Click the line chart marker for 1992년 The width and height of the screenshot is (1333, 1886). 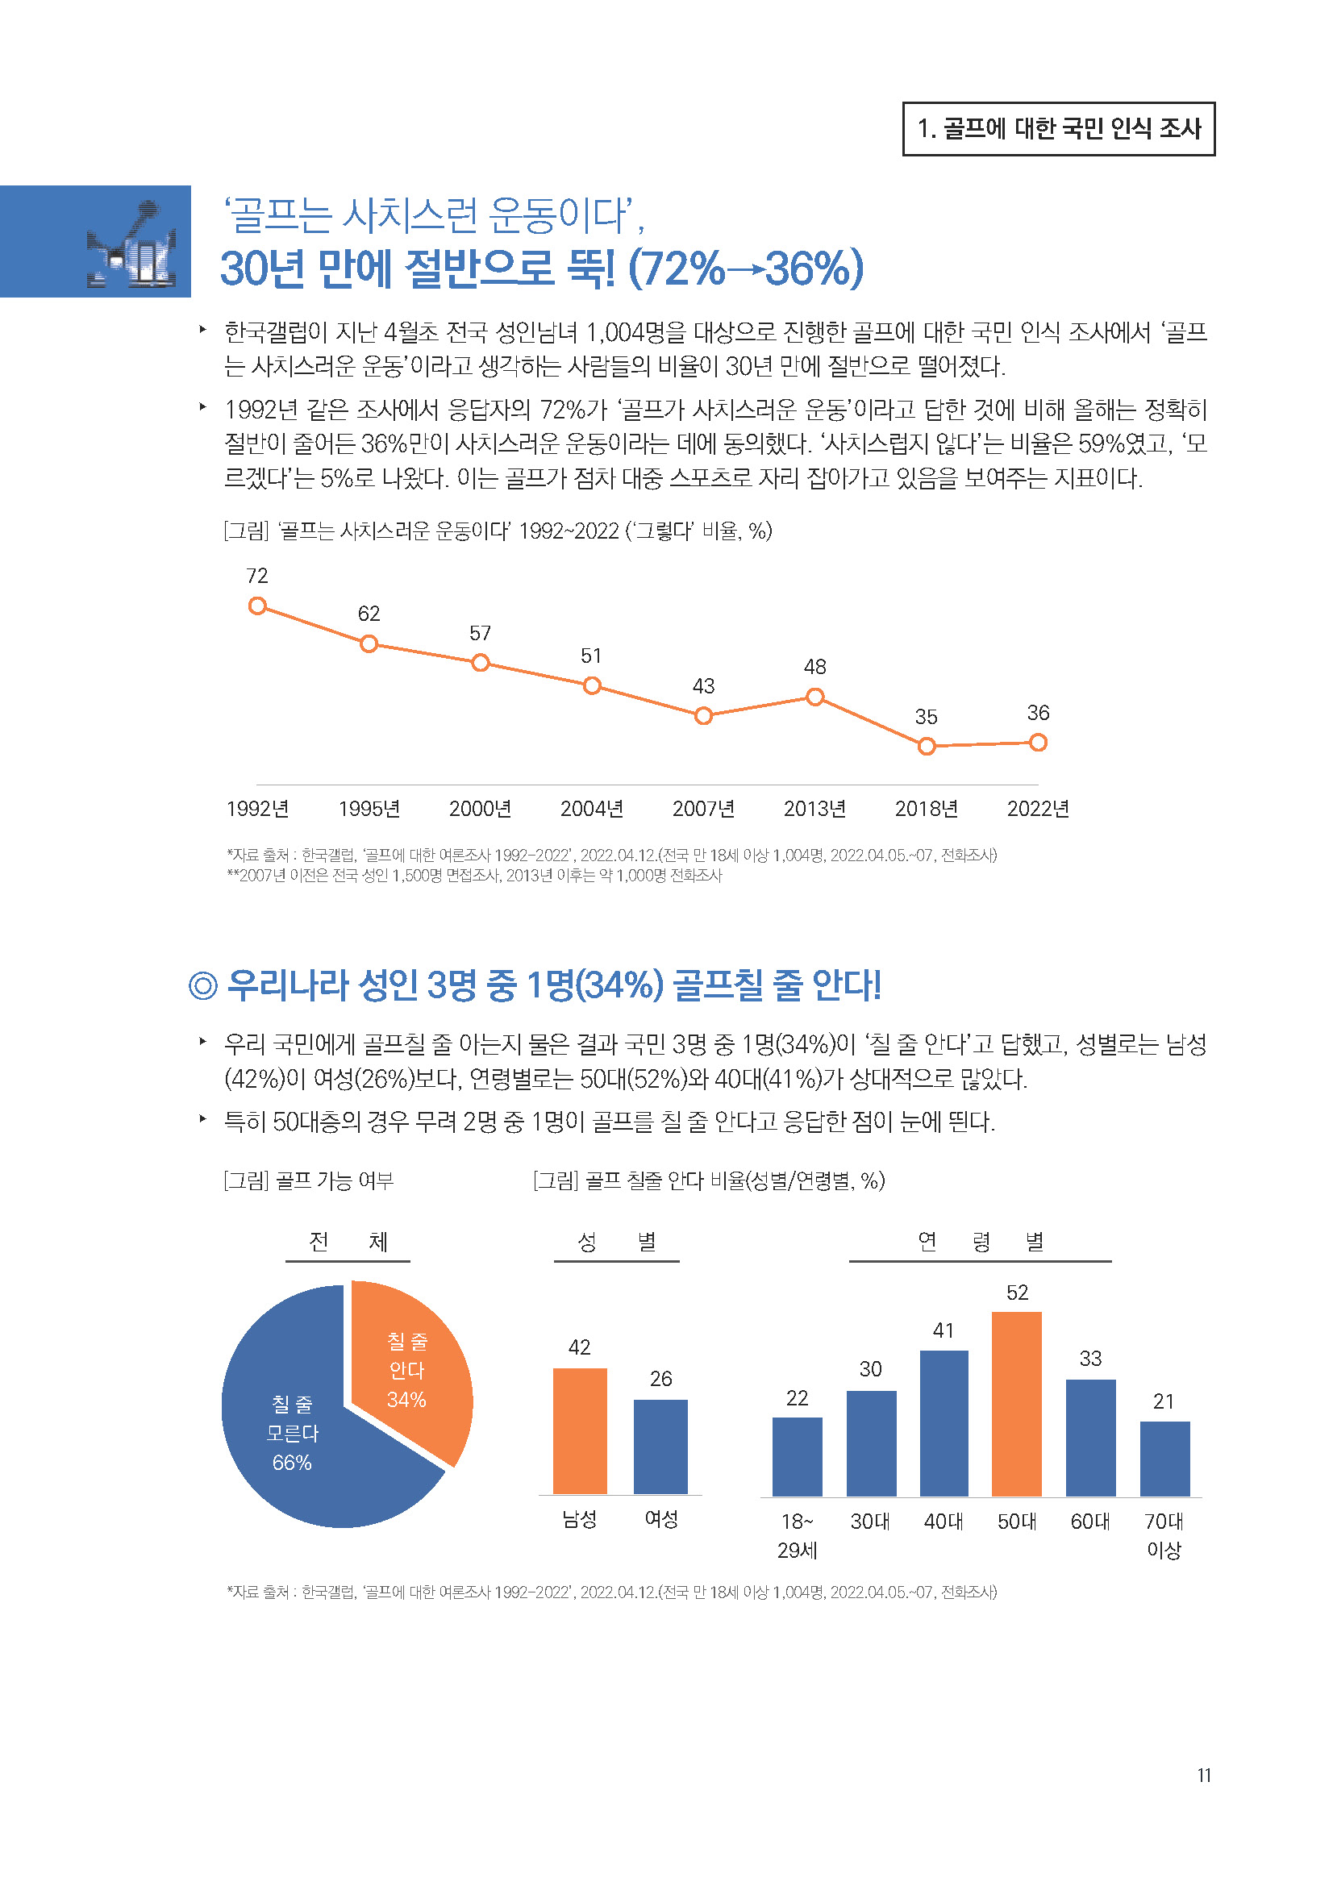257,606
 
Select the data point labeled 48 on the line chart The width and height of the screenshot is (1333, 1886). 814,697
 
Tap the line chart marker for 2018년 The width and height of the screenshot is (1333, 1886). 926,746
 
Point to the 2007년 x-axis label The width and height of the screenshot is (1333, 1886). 703,809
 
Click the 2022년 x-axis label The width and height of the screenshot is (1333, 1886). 1037,809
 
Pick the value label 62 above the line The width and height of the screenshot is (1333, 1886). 369,614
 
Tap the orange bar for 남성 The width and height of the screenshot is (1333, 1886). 580,1431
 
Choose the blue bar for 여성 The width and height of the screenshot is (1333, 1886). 660,1447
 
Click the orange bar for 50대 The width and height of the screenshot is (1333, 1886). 1016,1404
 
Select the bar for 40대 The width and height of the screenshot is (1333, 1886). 944,1423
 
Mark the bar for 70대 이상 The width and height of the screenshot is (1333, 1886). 1164,1459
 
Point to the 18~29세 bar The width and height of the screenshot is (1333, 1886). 797,1456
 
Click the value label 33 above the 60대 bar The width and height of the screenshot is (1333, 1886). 1090,1359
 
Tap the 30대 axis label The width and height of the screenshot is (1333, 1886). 870,1522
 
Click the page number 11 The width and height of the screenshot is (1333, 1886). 1203,1775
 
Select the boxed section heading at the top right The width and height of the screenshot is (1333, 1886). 1058,129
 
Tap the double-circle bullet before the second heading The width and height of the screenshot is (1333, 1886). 202,985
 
